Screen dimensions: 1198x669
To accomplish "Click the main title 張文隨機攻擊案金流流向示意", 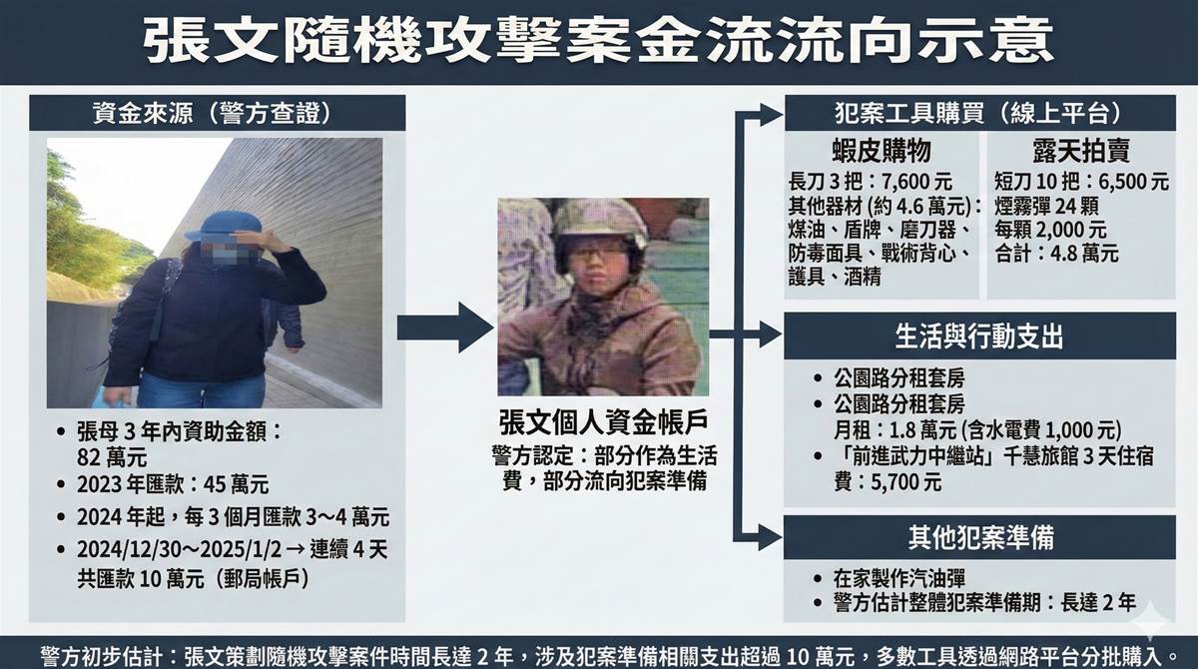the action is click(x=598, y=41).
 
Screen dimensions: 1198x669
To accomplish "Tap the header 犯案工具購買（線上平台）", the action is click(x=978, y=113).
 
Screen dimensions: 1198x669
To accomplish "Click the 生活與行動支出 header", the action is click(x=979, y=336).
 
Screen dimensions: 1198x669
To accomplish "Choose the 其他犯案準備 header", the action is click(x=980, y=537).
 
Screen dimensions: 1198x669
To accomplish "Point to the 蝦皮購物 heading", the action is click(x=882, y=151).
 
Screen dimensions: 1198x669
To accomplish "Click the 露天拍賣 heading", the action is click(x=1081, y=151).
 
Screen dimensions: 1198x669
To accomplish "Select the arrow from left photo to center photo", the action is click(x=445, y=328).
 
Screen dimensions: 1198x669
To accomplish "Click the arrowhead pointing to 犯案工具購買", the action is click(x=770, y=115).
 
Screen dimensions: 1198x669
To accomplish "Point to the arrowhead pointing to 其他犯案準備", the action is click(x=770, y=537).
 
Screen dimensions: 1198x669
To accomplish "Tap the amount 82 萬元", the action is click(x=112, y=457).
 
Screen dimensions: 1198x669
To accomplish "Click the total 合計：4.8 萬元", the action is click(x=1057, y=254).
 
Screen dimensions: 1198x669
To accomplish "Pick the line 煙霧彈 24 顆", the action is click(x=1046, y=206).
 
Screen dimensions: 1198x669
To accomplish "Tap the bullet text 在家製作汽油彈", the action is click(x=899, y=578).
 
